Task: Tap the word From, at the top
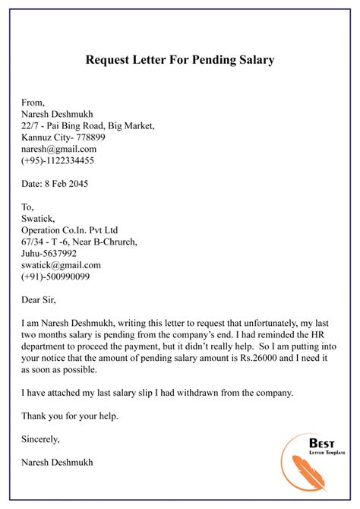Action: (x=34, y=101)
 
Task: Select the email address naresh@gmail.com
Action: (x=59, y=150)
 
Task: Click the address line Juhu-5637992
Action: (x=49, y=254)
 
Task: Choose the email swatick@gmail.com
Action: (x=62, y=266)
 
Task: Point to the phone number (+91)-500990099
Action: (x=58, y=278)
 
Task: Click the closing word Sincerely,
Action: (x=41, y=439)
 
